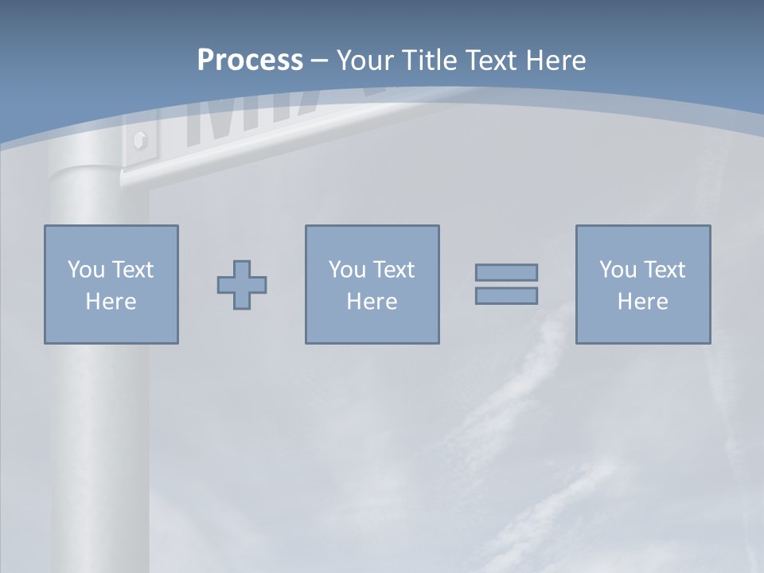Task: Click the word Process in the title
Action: [x=250, y=60]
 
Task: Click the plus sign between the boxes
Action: [x=242, y=285]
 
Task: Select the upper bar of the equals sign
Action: [x=506, y=272]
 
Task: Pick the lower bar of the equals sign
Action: [x=506, y=295]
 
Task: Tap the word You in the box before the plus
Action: [x=86, y=270]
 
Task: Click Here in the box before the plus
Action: [x=111, y=302]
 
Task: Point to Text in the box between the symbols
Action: [x=394, y=270]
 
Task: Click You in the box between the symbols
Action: [x=347, y=270]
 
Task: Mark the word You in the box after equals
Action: [x=618, y=270]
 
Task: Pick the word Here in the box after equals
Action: [x=642, y=302]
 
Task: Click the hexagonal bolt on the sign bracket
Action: [x=140, y=141]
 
